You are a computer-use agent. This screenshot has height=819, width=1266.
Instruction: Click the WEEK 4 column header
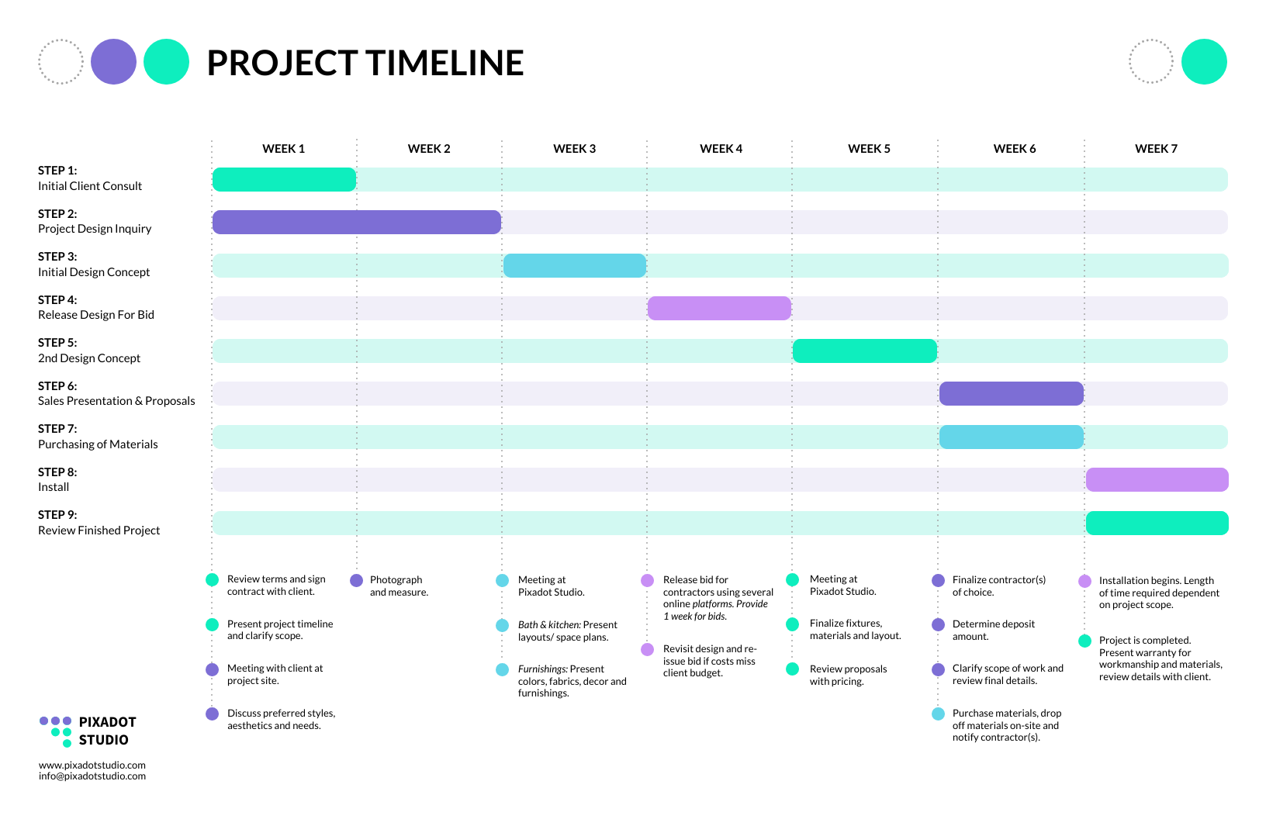tap(721, 149)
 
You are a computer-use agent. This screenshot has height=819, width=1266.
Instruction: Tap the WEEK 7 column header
tap(1156, 149)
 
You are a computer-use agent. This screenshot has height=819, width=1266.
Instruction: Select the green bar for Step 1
tap(284, 179)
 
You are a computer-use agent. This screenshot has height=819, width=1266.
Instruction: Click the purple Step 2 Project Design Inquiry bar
tap(357, 222)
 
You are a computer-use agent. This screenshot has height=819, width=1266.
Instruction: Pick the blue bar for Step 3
tap(574, 265)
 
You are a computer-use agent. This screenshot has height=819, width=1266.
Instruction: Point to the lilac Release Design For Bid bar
tap(719, 308)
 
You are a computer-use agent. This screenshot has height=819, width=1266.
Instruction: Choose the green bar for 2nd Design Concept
tap(864, 351)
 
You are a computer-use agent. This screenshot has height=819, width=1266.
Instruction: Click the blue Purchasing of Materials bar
tap(1011, 437)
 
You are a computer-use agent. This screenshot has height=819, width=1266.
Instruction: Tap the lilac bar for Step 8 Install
tap(1157, 479)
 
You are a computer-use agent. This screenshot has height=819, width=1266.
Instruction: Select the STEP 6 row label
tap(57, 386)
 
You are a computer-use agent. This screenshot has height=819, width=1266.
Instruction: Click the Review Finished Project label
tap(99, 530)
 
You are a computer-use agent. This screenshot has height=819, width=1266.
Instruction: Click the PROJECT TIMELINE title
tap(365, 63)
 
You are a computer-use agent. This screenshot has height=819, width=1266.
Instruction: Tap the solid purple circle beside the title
tap(113, 62)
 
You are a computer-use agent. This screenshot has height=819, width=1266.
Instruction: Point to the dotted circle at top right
tap(1150, 61)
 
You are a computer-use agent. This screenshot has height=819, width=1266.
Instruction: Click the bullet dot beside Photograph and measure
tap(357, 580)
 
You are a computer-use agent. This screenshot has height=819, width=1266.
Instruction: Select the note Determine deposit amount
tap(993, 630)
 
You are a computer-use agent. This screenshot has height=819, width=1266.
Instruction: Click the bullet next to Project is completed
tap(1084, 641)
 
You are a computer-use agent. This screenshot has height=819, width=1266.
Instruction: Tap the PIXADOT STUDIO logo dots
tap(56, 731)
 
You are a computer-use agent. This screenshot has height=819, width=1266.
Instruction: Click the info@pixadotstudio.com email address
tap(92, 776)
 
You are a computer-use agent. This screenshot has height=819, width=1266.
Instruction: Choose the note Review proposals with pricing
tap(847, 675)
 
